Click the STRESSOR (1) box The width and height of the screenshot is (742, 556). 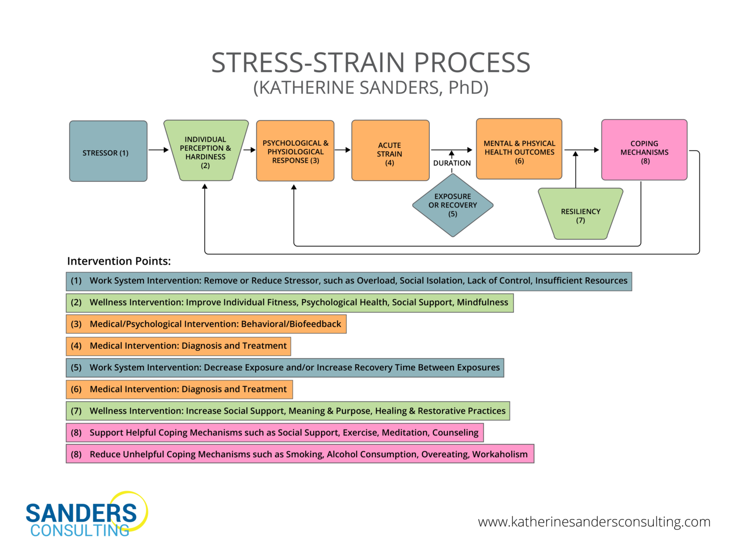[108, 151]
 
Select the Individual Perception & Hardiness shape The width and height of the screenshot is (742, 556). [205, 151]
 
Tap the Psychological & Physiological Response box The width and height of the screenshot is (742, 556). [295, 151]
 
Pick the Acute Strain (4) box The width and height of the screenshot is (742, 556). [390, 151]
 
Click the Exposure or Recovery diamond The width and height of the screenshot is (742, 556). [453, 205]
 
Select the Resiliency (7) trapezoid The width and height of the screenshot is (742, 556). [580, 214]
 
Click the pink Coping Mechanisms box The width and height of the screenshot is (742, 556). [644, 150]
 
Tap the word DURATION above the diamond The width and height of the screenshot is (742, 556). [452, 163]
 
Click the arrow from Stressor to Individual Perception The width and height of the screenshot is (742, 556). [158, 150]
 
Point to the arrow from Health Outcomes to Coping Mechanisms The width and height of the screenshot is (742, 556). [582, 150]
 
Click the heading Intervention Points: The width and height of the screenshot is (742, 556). [119, 261]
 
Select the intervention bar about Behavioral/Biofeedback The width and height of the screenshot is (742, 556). [206, 324]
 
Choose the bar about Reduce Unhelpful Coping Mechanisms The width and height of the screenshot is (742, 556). [300, 454]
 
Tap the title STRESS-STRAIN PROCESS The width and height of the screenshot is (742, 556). [371, 63]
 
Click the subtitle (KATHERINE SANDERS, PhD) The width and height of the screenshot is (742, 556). [371, 88]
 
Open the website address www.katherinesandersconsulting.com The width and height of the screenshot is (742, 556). [594, 522]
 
